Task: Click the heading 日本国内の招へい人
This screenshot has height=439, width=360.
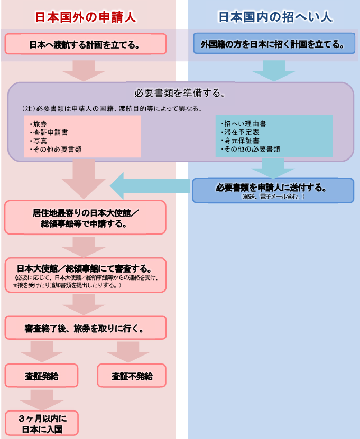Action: [x=275, y=17]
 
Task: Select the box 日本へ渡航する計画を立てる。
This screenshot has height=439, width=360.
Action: [x=85, y=44]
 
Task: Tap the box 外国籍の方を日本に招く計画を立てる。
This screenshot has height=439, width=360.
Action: [x=273, y=44]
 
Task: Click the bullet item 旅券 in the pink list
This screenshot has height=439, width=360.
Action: [x=40, y=124]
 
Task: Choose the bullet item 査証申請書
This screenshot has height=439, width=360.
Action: [x=48, y=132]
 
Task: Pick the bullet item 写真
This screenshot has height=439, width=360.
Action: [x=40, y=141]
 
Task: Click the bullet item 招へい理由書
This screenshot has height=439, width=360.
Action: [x=243, y=124]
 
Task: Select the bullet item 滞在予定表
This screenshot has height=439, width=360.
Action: [x=243, y=132]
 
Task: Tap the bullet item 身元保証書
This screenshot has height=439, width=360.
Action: [x=243, y=141]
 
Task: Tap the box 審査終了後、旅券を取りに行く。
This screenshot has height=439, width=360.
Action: [x=85, y=328]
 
